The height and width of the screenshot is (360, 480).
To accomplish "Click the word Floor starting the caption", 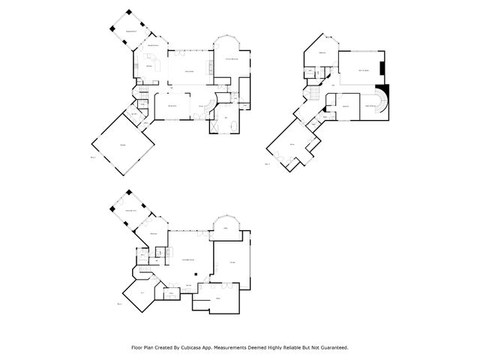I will click(138, 347).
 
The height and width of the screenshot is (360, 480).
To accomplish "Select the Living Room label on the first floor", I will click(190, 70).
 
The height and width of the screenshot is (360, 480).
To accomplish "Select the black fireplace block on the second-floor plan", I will click(382, 70).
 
